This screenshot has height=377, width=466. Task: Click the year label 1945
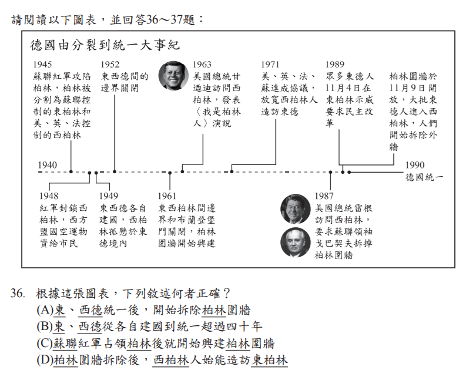(42, 65)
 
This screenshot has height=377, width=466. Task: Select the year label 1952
(110, 65)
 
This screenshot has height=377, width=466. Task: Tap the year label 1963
(202, 65)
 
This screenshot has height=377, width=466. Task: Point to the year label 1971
(270, 65)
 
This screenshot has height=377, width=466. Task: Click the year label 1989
(334, 65)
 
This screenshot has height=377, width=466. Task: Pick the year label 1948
(49, 196)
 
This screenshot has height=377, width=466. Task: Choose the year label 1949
(109, 196)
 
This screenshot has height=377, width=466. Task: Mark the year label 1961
(167, 196)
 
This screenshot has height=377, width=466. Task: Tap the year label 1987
(324, 196)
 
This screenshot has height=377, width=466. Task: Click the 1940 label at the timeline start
(48, 165)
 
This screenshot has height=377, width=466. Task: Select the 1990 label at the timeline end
(415, 165)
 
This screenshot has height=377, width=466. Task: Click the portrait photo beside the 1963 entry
(173, 76)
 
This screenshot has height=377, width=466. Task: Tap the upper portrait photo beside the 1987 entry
(296, 209)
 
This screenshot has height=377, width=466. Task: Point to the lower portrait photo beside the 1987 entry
(296, 243)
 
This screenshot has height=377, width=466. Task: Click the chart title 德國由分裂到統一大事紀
(105, 45)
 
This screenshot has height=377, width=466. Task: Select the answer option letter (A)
(45, 310)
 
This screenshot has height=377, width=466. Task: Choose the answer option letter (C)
(45, 344)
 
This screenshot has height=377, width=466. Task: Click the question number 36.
(17, 294)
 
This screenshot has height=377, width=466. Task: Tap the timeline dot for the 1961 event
(170, 173)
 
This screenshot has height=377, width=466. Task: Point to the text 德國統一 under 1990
(424, 177)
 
